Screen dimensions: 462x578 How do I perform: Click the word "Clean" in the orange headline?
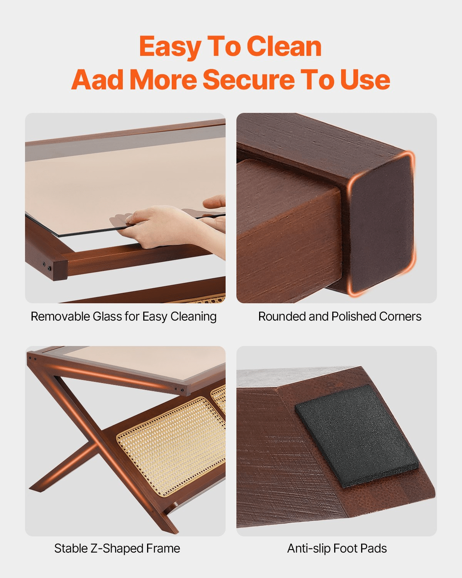coord(285,47)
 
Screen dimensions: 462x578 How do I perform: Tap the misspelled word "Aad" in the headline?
coord(97,80)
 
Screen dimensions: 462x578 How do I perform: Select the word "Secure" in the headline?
coord(249,80)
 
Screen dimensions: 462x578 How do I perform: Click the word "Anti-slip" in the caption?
coord(308,548)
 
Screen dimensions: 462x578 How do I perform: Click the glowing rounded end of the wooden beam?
coord(382,223)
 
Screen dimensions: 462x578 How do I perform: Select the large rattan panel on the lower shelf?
coord(171,445)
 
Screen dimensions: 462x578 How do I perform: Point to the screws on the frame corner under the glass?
coord(47,266)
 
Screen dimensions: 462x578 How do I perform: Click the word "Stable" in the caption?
coord(71,548)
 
